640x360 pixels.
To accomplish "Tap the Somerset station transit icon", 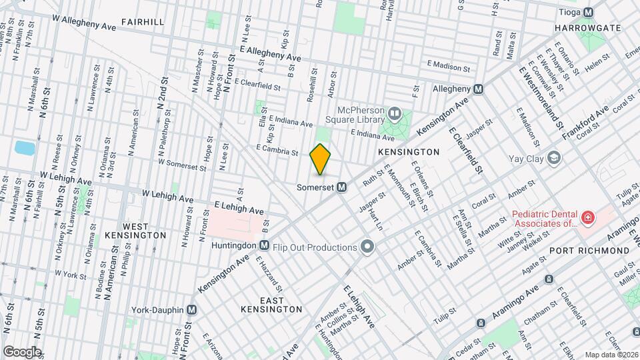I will coord(341,187).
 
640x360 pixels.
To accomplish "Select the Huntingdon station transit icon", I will coord(264,245).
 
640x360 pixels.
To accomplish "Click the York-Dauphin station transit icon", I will coord(192,310).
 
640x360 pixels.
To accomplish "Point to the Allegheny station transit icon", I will coord(478,89).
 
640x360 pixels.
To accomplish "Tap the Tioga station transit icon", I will coord(588,12).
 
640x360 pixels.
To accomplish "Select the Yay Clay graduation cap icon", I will coord(553,158).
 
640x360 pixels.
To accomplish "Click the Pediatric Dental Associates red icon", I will coord(588,217).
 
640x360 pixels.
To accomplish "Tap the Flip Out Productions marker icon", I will coord(367,247).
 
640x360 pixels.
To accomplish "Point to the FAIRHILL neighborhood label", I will coord(143,22).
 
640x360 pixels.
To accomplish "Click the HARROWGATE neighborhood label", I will coord(587,28).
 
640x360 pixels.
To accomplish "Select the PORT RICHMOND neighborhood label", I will coord(589,250).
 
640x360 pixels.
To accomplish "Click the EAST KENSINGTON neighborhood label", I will coord(271,305).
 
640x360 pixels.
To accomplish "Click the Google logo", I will coord(21,351).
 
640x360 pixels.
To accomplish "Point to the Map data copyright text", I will coord(611,355).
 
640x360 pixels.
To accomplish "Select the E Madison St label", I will coord(449,67).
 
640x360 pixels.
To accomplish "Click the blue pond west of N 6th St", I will coord(24,147).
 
